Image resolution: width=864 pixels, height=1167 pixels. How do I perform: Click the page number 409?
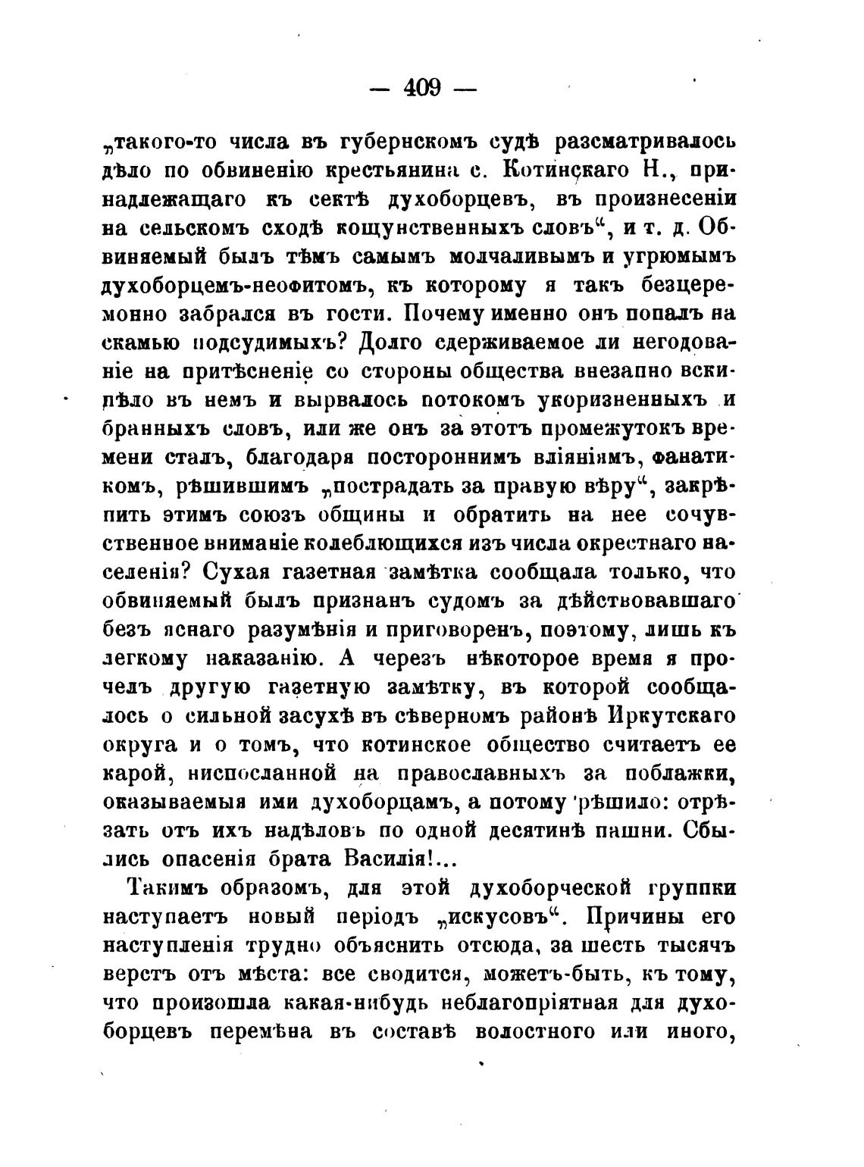click(x=423, y=89)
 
